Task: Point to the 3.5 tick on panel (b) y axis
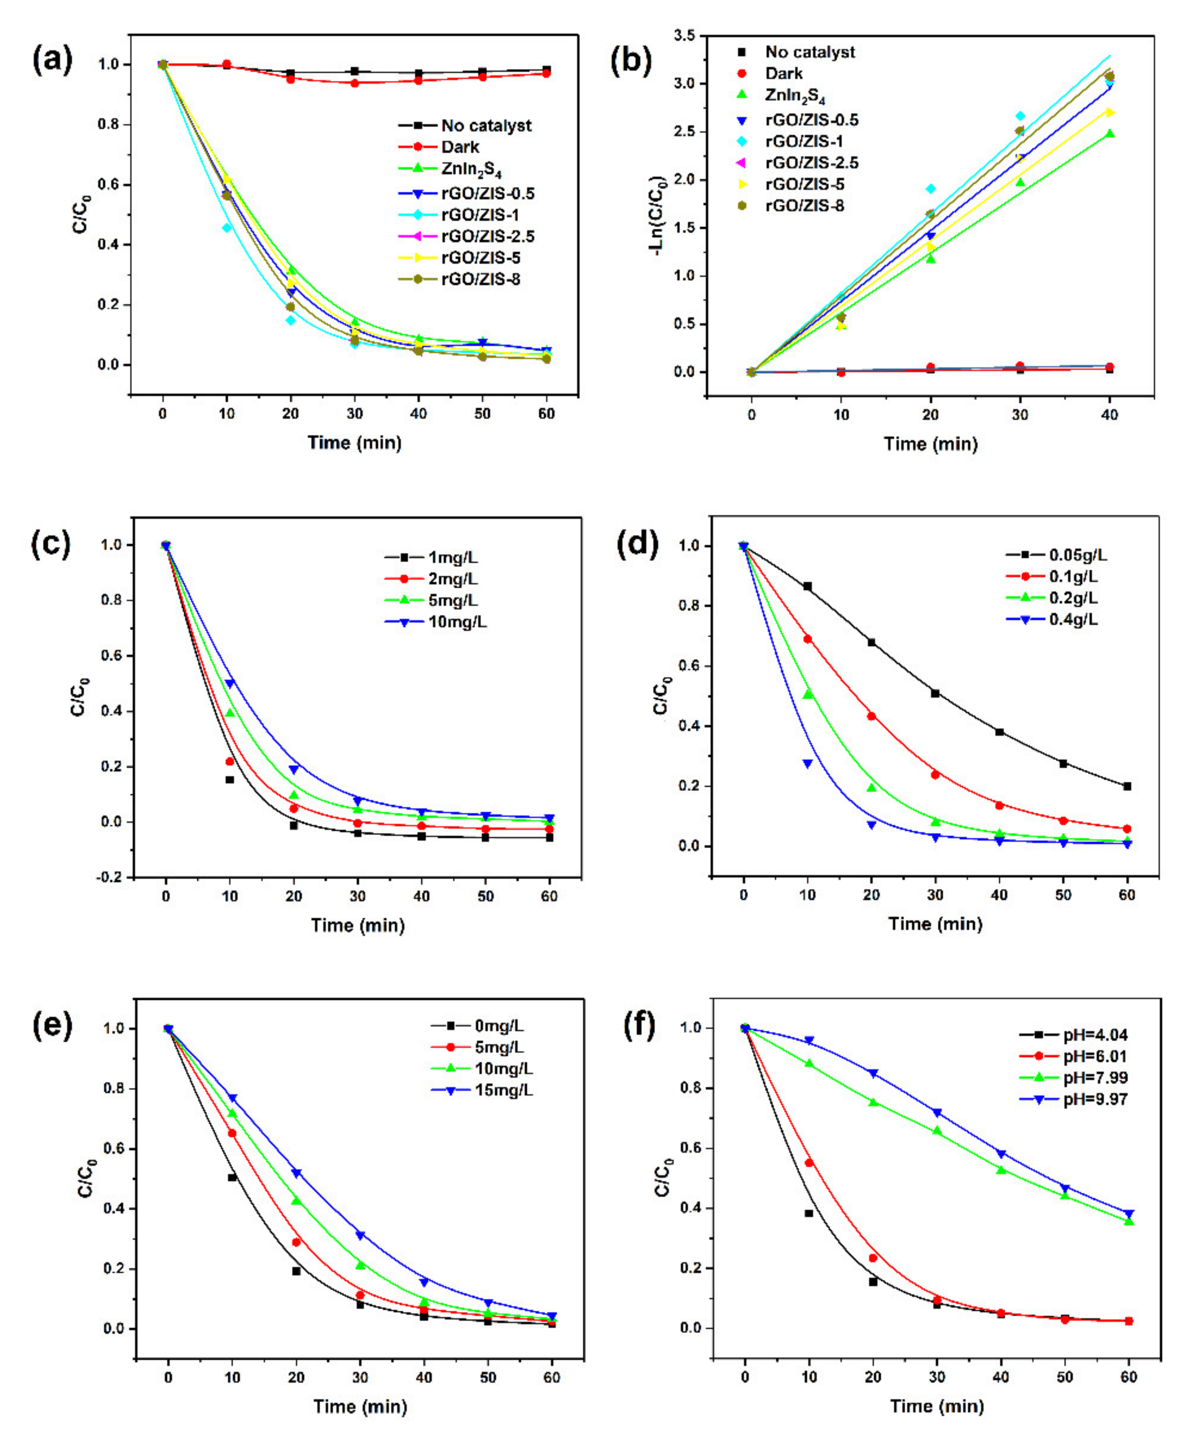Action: [684, 35]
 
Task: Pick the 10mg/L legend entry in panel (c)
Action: [438, 621]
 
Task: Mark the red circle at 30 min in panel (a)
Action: [354, 83]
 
